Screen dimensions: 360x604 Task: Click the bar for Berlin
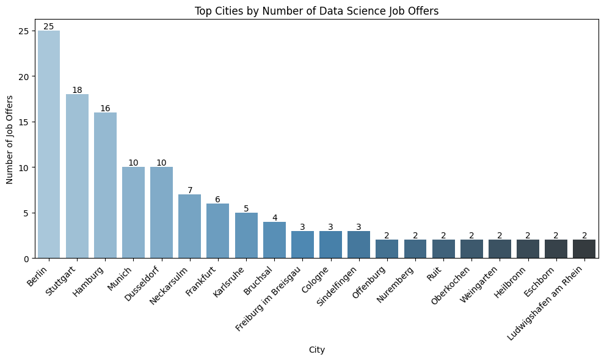tap(49, 144)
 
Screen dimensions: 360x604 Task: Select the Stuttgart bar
tap(77, 176)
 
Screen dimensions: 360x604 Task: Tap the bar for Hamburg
tap(105, 185)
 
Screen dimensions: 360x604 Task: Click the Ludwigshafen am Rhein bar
tap(584, 249)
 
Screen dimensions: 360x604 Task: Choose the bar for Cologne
tap(330, 244)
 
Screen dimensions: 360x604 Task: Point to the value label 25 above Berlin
tap(49, 26)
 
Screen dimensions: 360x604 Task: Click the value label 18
tap(77, 90)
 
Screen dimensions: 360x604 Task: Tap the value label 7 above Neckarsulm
tap(189, 190)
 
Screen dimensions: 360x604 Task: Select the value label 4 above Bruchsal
tap(274, 218)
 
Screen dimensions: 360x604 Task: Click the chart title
tap(316, 10)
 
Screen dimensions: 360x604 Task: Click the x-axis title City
tap(316, 350)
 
